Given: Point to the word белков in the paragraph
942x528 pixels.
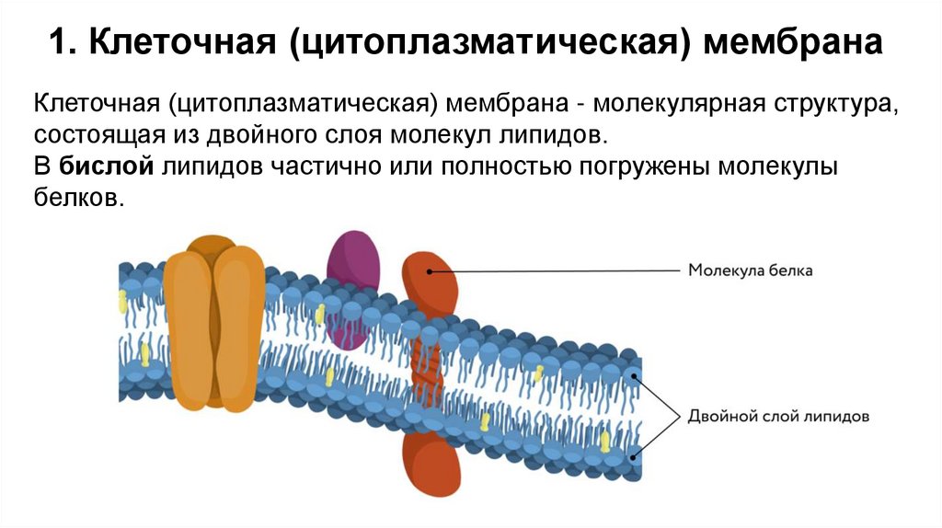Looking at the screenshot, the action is [x=77, y=198].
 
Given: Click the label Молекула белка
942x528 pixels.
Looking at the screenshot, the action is [x=751, y=270].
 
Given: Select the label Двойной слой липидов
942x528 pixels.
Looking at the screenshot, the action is [x=778, y=416].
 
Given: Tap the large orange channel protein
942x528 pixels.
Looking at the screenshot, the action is [x=213, y=322].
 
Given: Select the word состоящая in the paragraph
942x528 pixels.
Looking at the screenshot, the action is [x=90, y=134].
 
